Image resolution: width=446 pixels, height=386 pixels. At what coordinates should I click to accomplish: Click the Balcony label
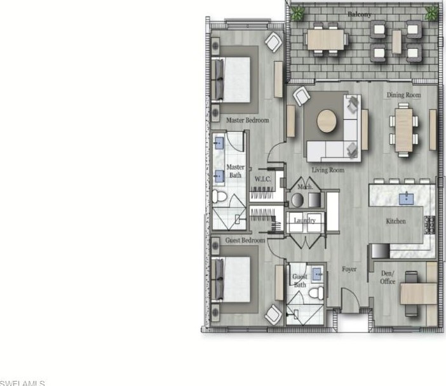pos(360,13)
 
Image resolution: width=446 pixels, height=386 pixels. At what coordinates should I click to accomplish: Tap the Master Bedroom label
pos(247,120)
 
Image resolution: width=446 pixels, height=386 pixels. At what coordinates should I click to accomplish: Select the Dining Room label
pos(404,95)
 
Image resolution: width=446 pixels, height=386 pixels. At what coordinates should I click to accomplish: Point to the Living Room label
pos(328,170)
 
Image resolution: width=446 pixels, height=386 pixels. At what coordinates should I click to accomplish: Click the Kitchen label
pos(396,221)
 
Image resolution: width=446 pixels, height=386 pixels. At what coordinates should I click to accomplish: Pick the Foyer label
pos(349,269)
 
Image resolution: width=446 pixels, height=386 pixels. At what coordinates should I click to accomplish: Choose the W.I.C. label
pos(263,180)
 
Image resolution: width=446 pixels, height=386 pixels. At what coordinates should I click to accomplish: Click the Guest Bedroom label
pos(245,241)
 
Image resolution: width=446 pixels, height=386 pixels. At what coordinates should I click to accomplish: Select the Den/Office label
pos(388,277)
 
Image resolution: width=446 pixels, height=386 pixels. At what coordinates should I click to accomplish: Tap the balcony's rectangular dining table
pos(327,39)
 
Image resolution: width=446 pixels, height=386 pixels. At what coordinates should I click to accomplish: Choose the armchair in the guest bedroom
pos(274,313)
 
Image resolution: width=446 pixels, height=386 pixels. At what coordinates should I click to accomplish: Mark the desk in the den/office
pos(419,293)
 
